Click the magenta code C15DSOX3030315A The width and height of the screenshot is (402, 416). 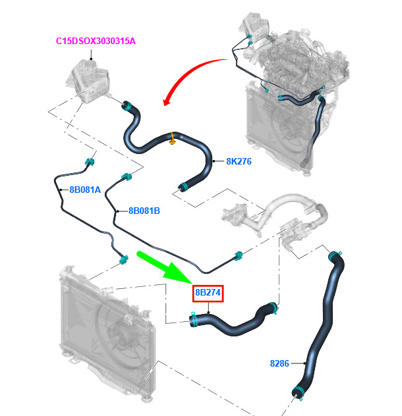pos(96,41)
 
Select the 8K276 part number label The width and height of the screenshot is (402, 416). pos(239,161)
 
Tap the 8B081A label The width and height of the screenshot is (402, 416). pos(85,190)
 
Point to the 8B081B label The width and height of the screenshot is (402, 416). pos(144,211)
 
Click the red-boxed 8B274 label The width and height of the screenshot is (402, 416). pos(208,293)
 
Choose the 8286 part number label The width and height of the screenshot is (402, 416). pos(279,363)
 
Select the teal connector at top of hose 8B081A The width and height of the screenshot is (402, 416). pos(90,161)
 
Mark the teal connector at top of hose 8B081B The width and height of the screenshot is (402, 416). pos(127,176)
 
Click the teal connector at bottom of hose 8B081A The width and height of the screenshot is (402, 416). pos(123,259)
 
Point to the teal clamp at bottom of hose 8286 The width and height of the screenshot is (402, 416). pos(298,392)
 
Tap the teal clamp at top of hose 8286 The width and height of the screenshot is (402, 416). pos(335,255)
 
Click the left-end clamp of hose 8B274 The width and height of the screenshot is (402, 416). pos(194,319)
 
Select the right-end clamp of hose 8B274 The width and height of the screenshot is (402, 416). pos(273,308)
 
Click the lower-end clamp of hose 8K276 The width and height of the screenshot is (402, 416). pos(183,187)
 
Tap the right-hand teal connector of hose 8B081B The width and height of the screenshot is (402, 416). pos(239,255)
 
